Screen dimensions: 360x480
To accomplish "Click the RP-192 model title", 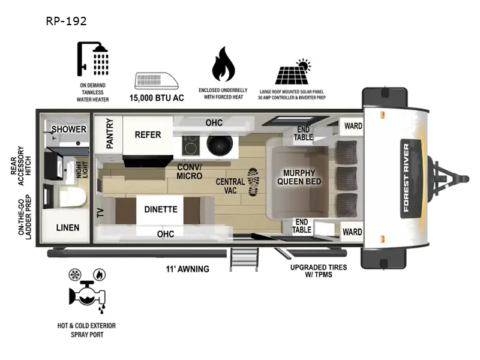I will click(x=66, y=21).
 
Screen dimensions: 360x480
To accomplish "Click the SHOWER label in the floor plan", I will click(x=68, y=129).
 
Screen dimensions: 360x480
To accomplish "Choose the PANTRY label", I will click(x=110, y=133).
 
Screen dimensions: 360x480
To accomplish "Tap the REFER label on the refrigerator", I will click(x=148, y=134).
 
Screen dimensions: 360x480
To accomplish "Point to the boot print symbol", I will click(x=253, y=182).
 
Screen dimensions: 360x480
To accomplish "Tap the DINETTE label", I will click(x=160, y=209).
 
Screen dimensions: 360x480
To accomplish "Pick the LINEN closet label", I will click(x=67, y=228).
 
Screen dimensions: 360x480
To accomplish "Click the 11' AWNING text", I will click(x=188, y=269).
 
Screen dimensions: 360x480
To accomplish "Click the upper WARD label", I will click(x=352, y=127).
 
